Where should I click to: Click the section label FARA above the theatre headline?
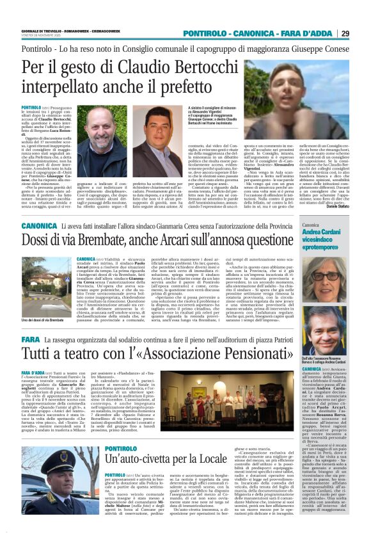31,339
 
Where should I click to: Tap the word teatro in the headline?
88,354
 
